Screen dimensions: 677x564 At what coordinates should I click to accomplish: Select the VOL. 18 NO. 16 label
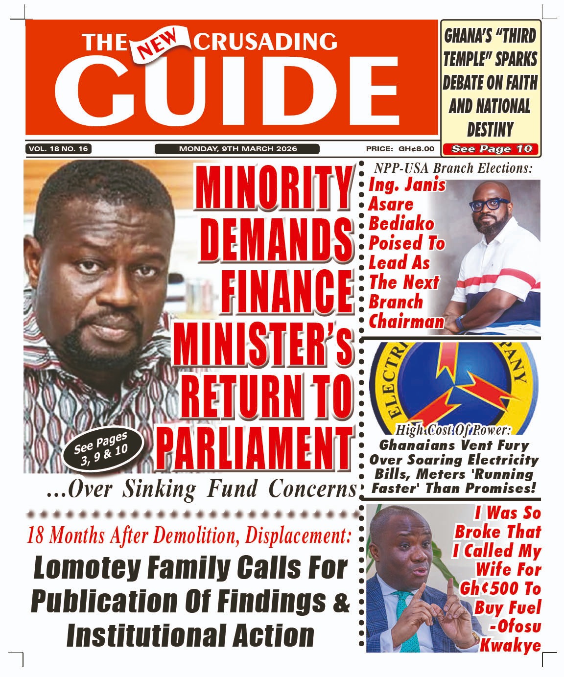pos(58,149)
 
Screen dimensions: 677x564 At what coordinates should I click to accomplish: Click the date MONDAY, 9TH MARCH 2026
pos(237,149)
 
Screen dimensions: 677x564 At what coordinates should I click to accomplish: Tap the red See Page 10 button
pos(491,149)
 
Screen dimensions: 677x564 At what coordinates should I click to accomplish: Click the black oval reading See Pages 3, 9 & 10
pos(103,448)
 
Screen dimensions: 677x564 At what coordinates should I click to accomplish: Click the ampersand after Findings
pos(342,601)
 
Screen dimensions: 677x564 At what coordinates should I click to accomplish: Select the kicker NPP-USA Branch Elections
pos(453,168)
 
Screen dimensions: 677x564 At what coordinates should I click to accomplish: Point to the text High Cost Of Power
pos(453,430)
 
